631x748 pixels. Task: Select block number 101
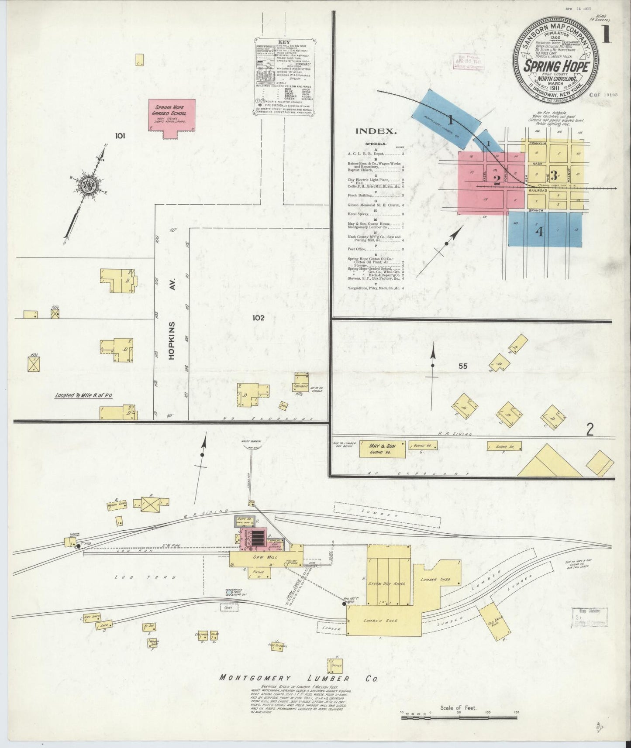pos(120,136)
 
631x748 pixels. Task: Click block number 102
pos(258,318)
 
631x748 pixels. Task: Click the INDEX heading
pos(376,131)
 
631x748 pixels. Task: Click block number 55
pos(463,366)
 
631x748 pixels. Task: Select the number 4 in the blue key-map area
pos(540,232)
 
